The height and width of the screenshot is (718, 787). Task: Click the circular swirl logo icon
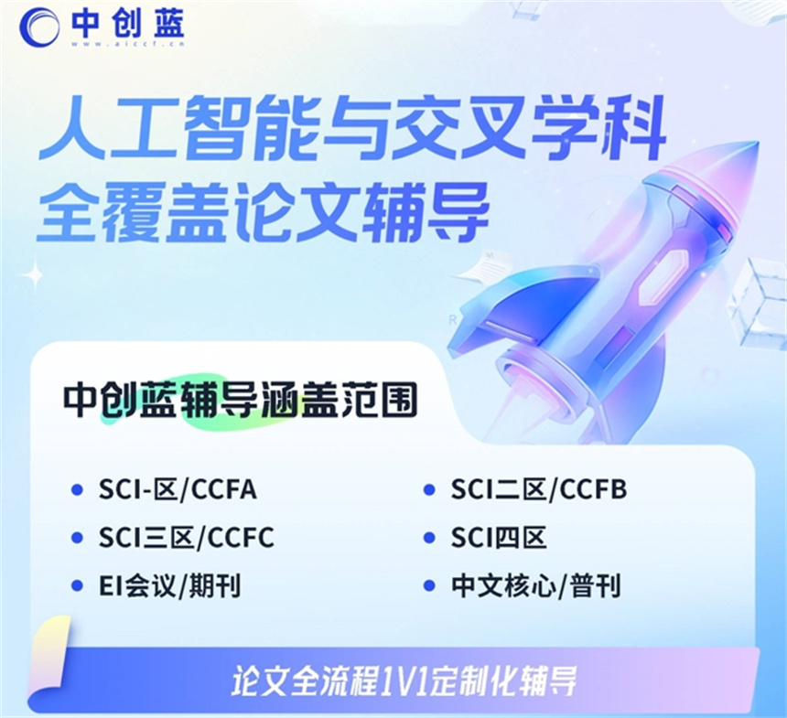coord(39,27)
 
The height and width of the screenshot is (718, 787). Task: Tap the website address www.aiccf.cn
coord(127,44)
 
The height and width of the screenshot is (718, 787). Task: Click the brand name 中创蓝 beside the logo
coord(127,23)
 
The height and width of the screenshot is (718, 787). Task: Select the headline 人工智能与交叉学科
coord(351,128)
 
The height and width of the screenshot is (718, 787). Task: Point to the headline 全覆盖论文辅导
coord(263,211)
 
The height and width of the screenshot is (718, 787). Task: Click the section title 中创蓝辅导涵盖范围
coord(240,401)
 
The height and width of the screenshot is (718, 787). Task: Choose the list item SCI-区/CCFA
coord(178,489)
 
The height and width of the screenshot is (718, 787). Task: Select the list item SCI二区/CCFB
coord(539,489)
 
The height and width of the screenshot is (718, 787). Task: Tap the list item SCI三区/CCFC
coord(186,538)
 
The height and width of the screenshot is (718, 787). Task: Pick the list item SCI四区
coord(499,538)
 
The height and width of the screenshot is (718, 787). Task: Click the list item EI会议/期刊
coord(169,585)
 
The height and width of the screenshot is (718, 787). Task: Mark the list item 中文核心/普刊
coord(536,585)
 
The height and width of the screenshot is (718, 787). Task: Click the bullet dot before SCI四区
coord(428,538)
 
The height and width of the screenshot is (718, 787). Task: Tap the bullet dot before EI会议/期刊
coord(77,585)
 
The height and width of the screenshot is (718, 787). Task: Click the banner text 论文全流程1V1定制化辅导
coord(404,680)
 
